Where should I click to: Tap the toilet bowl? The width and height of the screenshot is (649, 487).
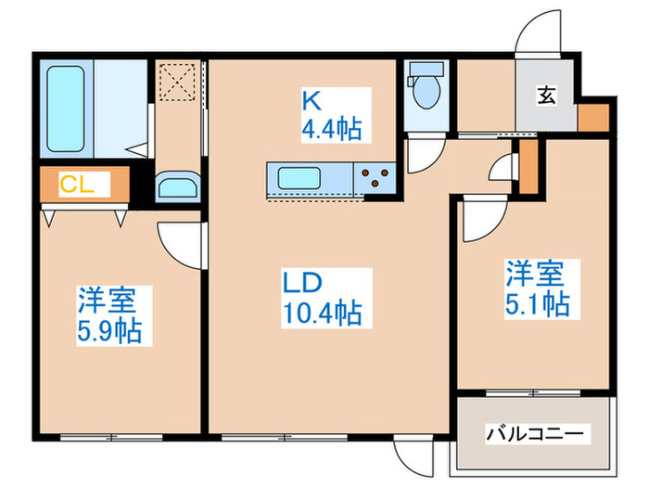click(426, 90)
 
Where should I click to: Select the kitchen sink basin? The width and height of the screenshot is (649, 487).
click(298, 176)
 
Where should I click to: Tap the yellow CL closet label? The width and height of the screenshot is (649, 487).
click(74, 183)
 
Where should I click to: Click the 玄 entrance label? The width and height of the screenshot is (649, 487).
click(547, 96)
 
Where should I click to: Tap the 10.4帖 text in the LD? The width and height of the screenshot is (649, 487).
click(322, 313)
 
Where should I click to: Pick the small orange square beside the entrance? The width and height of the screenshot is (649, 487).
click(592, 118)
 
